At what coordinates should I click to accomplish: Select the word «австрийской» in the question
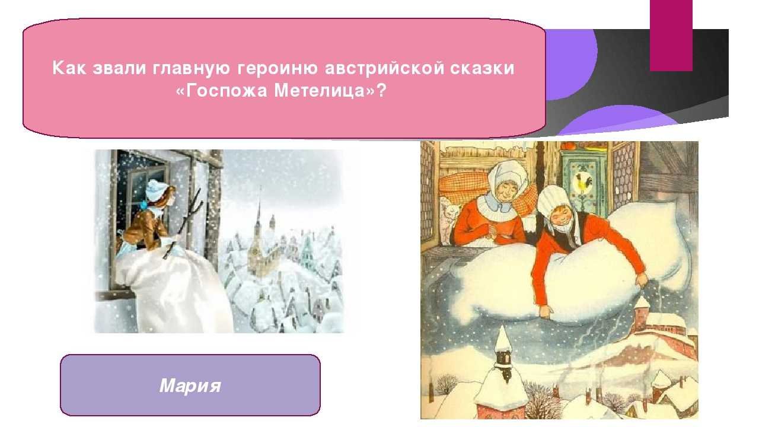(x=384, y=68)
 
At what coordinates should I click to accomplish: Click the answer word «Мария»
(x=190, y=385)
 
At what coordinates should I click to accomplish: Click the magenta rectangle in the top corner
(x=671, y=35)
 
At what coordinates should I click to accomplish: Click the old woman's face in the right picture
(x=505, y=192)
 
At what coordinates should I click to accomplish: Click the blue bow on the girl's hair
(x=144, y=205)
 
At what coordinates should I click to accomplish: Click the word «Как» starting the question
(x=69, y=68)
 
